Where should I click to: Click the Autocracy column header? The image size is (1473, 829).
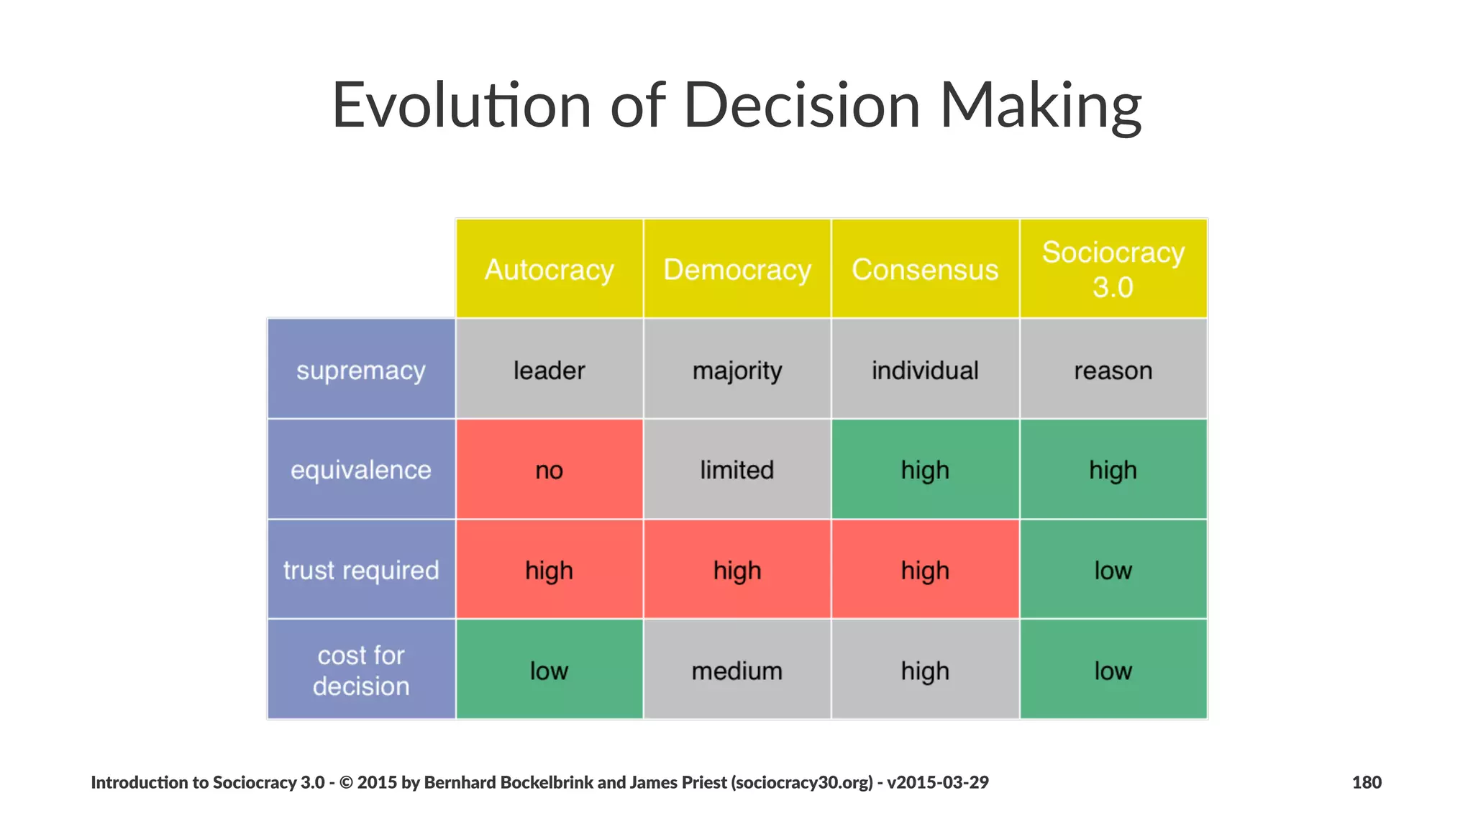(x=549, y=269)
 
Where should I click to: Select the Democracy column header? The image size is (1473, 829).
(x=736, y=269)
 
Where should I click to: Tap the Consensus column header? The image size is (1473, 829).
(x=925, y=269)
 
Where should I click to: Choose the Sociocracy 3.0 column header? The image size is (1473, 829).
(x=1113, y=269)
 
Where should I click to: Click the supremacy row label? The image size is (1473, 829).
(x=361, y=370)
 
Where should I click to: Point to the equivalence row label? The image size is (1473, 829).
(x=361, y=470)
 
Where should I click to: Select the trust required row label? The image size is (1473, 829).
(x=361, y=570)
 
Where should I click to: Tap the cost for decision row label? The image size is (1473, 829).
(x=361, y=670)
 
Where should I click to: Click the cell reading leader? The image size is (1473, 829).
(x=549, y=370)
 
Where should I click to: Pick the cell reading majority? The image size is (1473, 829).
(x=736, y=370)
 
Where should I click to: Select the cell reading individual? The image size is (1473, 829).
(x=925, y=370)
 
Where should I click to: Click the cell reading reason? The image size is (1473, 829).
(x=1113, y=370)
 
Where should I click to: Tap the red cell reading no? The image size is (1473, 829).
(x=549, y=470)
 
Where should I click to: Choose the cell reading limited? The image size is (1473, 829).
(x=736, y=470)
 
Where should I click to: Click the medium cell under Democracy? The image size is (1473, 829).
(x=736, y=670)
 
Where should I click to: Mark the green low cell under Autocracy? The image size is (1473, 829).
(x=549, y=670)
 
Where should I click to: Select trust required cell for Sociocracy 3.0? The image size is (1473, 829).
(x=1113, y=570)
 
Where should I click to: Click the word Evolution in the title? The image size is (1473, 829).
(x=460, y=106)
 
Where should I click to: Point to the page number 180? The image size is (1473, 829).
(x=1367, y=782)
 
